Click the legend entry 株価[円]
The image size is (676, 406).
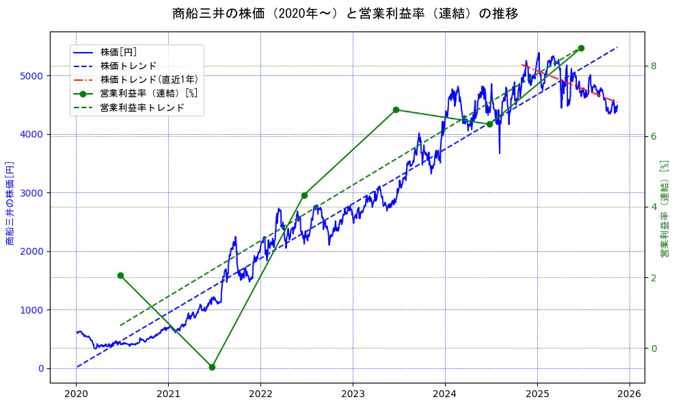pyautogui.click(x=118, y=52)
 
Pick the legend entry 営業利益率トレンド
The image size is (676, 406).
pyautogui.click(x=141, y=107)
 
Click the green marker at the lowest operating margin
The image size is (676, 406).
pyautogui.click(x=212, y=367)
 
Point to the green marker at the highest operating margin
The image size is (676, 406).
pyautogui.click(x=581, y=48)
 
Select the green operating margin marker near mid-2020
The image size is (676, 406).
pyautogui.click(x=120, y=275)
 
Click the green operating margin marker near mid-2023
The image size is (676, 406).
pyautogui.click(x=396, y=110)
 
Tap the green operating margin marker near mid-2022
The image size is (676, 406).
pyautogui.click(x=304, y=195)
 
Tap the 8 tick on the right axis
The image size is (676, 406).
pyautogui.click(x=653, y=66)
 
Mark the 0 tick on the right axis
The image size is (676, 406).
pyautogui.click(x=653, y=348)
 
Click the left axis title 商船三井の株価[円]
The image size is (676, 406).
pyautogui.click(x=10, y=203)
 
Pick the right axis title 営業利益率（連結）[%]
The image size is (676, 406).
pyautogui.click(x=664, y=209)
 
